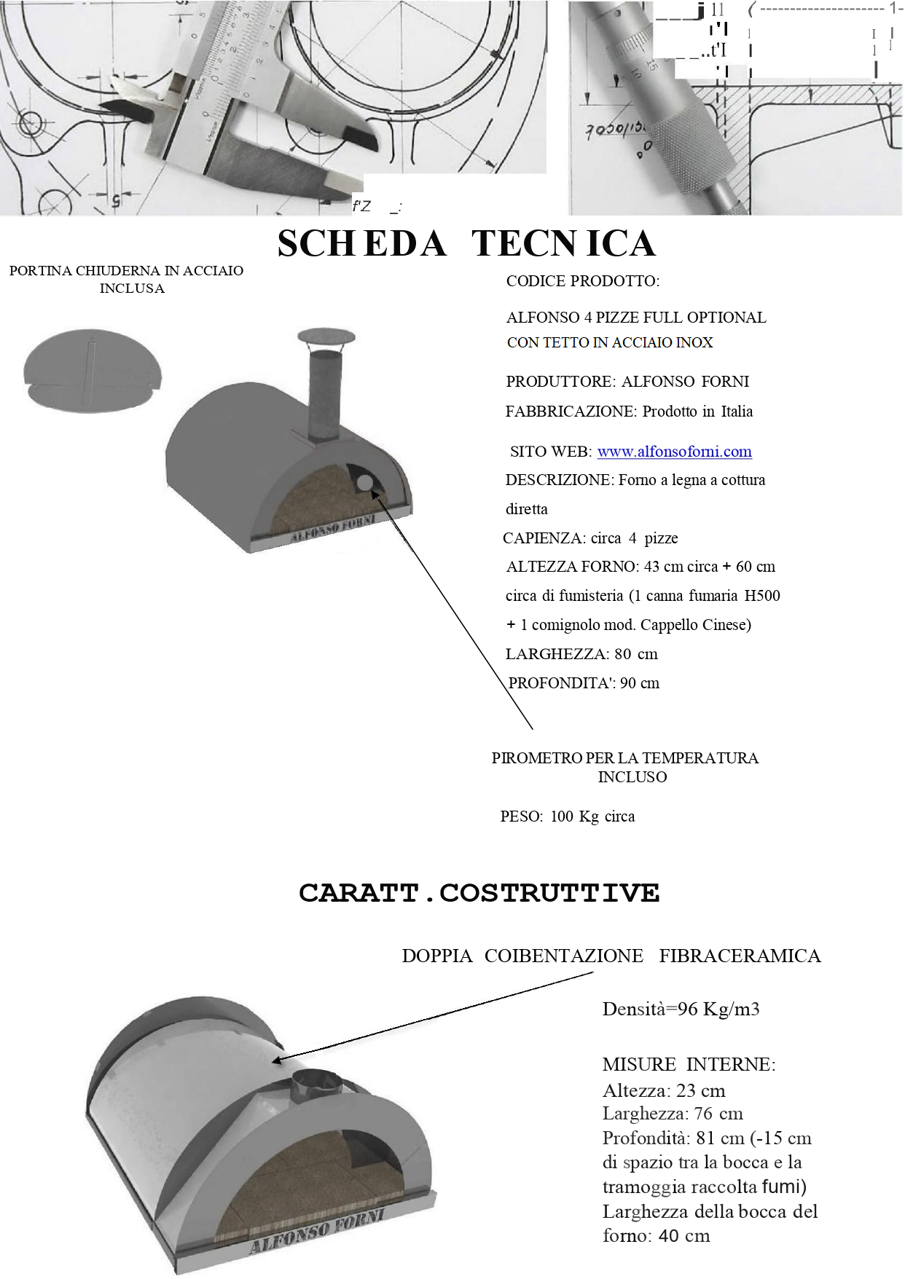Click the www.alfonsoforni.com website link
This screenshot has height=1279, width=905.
[x=674, y=452]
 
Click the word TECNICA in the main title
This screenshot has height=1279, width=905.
[x=563, y=243]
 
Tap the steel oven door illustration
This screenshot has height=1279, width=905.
[x=92, y=371]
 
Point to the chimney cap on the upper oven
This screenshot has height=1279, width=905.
[x=326, y=337]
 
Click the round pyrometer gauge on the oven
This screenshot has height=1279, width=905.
[x=365, y=482]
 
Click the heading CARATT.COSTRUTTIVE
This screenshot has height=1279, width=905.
[x=479, y=893]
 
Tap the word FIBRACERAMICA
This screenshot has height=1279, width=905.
[x=740, y=956]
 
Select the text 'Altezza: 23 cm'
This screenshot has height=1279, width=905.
[x=664, y=1090]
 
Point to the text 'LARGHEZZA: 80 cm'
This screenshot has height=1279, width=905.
[x=581, y=654]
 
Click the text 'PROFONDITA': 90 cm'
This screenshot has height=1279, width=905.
[x=584, y=683]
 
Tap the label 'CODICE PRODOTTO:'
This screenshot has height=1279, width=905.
[x=582, y=281]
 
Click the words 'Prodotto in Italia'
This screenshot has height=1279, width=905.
[x=697, y=412]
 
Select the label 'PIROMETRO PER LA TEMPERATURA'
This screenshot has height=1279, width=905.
[x=624, y=758]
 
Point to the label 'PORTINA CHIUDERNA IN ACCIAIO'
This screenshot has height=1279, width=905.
[x=126, y=271]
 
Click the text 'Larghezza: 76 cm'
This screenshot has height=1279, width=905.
[x=673, y=1114]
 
